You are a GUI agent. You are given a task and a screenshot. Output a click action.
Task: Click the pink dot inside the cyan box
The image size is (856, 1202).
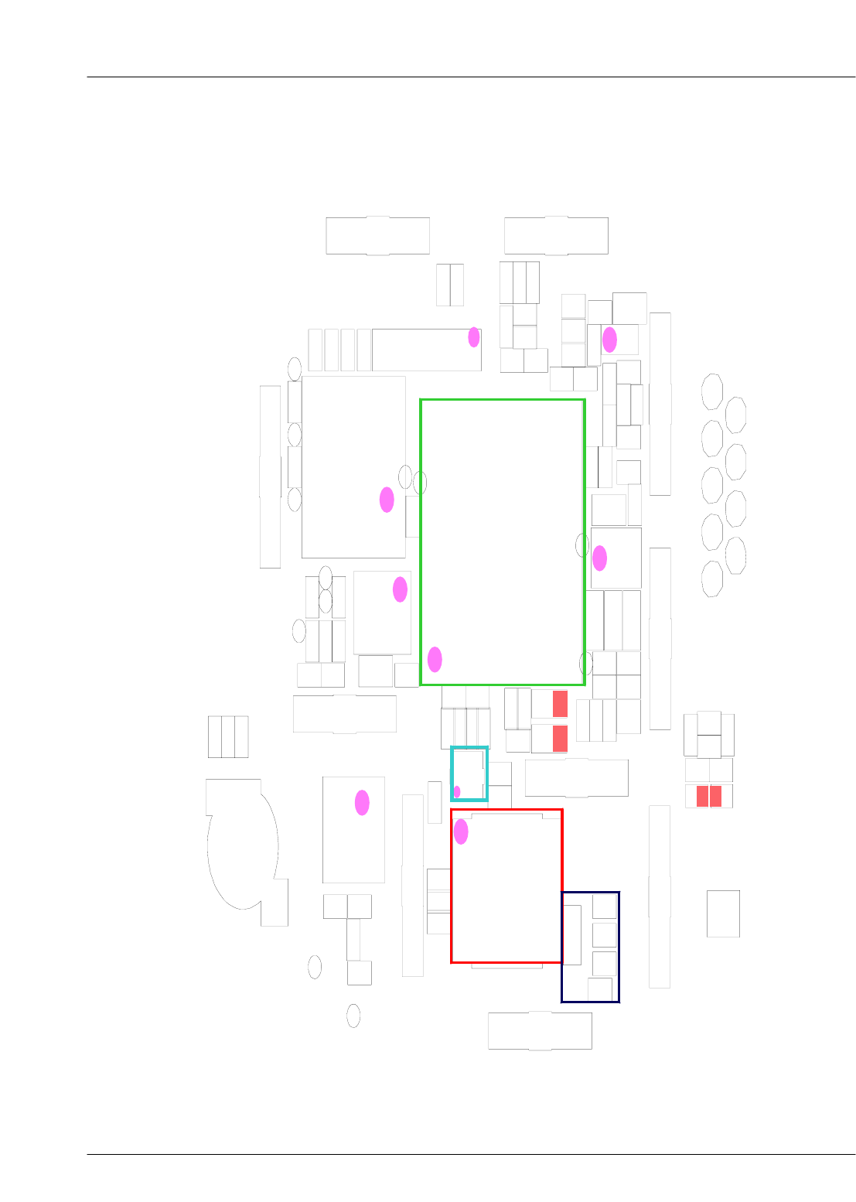457,791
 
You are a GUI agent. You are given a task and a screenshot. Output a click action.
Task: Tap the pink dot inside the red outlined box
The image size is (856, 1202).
461,831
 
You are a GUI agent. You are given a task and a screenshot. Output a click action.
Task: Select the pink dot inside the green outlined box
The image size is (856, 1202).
435,659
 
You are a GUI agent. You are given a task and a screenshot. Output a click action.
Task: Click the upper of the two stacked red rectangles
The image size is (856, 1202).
560,704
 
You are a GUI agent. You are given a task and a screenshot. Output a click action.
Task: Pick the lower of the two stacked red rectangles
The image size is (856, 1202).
560,738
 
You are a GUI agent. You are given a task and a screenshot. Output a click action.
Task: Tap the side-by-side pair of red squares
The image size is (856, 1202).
709,796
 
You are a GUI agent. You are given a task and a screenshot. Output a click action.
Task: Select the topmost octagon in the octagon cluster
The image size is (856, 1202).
712,391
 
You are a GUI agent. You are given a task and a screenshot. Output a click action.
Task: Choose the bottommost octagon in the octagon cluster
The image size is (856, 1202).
712,579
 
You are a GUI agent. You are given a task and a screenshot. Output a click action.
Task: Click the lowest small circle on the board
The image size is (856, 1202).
353,1016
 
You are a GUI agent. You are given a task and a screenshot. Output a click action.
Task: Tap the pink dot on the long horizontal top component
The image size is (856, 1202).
474,337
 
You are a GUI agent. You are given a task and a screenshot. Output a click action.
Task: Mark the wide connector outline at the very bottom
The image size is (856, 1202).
540,1031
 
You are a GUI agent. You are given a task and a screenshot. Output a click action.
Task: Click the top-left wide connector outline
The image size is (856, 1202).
377,235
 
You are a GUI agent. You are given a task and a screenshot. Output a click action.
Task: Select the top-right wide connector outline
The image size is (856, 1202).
556,235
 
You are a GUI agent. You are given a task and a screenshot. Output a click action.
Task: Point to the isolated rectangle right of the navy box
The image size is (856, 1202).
723,913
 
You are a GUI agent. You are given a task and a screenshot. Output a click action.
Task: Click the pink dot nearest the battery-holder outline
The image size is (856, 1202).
362,803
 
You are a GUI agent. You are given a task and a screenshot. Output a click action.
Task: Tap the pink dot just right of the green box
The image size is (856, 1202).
599,558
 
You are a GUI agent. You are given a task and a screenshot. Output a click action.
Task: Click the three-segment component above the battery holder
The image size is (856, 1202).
228,736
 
